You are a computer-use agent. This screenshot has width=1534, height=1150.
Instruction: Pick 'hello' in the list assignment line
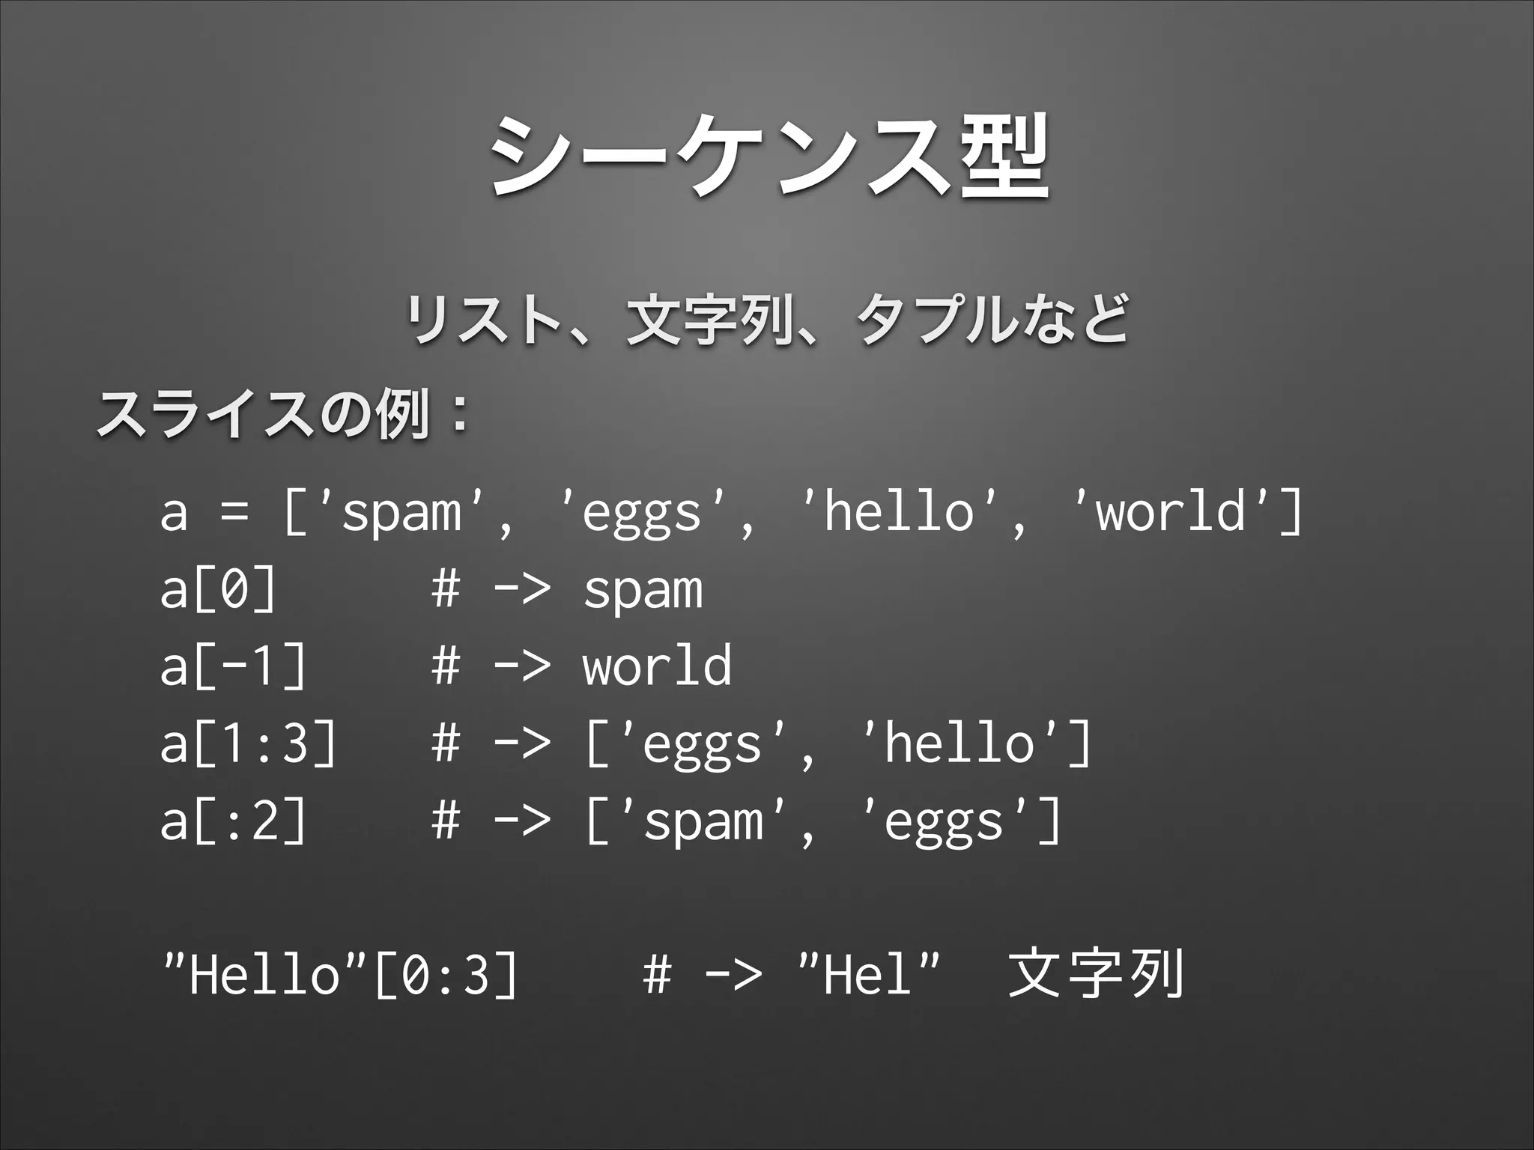point(899,514)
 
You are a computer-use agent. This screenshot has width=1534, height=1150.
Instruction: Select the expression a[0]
point(217,591)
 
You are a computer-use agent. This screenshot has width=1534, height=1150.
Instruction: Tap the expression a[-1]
point(233,666)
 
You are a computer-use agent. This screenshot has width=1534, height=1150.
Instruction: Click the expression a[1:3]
point(248,743)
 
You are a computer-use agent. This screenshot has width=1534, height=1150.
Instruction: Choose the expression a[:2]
point(233,821)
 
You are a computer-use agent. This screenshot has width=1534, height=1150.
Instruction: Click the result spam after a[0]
point(643,592)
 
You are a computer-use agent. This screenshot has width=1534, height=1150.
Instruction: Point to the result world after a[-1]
point(657,666)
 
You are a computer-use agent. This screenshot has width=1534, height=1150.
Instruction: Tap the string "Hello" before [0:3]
point(262,975)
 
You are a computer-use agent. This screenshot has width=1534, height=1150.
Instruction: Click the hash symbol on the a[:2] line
point(446,821)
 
